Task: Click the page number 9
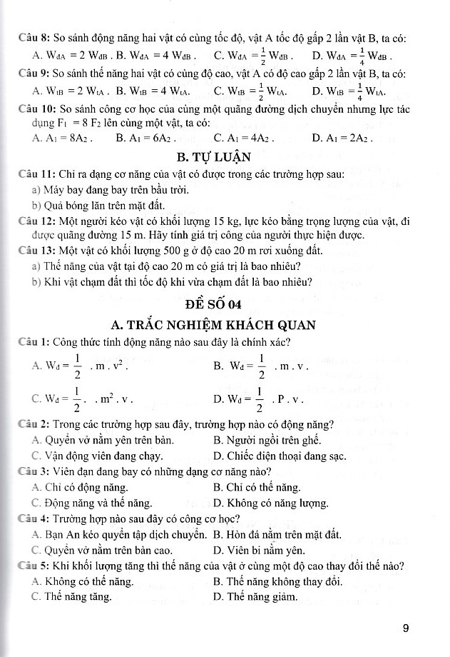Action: pos(405,628)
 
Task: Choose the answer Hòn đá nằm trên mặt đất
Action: pos(278,534)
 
